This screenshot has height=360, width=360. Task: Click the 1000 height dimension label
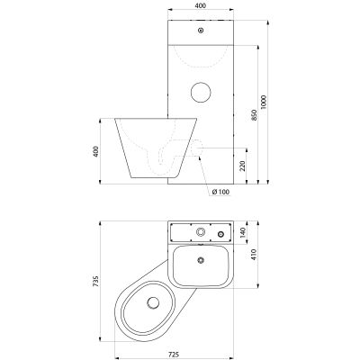point(264,102)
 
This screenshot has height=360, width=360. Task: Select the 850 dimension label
point(254,115)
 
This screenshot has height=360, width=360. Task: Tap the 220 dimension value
point(243,166)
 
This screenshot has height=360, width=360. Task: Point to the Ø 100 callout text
point(220,192)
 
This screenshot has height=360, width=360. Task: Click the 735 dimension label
point(95,282)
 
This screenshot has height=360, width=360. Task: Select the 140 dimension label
point(243,232)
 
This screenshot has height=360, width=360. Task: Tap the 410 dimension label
point(254,255)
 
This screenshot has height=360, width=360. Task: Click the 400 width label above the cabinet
point(201,5)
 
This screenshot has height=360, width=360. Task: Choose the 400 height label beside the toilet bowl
point(95,151)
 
